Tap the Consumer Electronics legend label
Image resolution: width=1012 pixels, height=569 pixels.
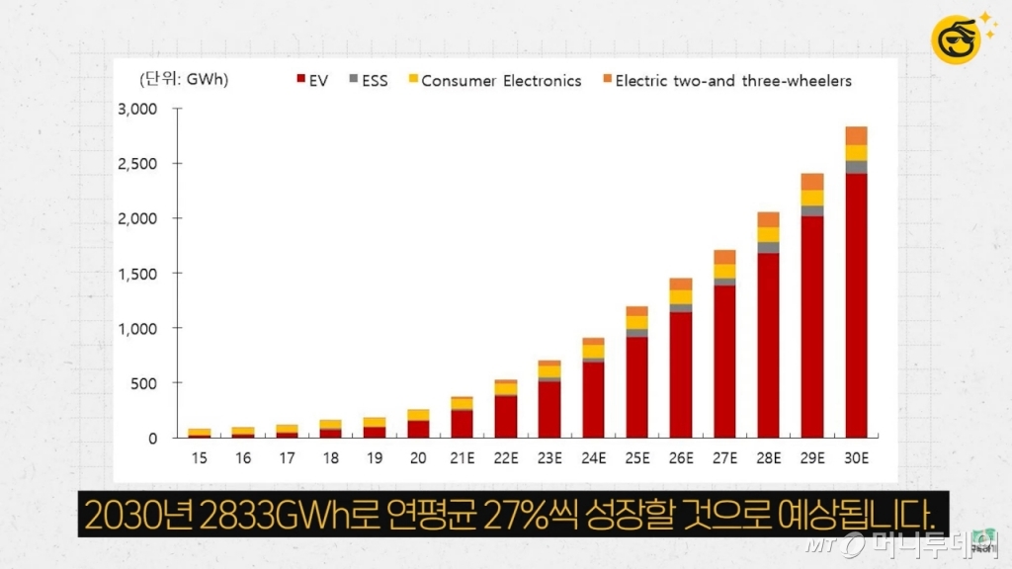(x=501, y=81)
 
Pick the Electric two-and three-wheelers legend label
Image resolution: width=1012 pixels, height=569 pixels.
(x=732, y=81)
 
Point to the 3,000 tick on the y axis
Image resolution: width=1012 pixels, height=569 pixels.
(x=137, y=109)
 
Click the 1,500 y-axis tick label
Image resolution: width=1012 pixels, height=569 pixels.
(x=137, y=274)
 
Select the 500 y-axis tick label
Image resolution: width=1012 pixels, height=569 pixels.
(x=144, y=383)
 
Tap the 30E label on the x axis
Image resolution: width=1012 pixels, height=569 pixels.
(x=856, y=458)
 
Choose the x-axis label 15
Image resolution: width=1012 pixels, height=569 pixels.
(x=200, y=458)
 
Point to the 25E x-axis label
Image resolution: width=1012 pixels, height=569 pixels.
(x=637, y=458)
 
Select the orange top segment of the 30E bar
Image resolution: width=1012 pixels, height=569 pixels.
(x=856, y=135)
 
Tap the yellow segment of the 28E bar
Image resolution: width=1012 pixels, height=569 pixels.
(x=769, y=234)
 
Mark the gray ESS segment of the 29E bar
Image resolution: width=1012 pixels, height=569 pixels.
(x=812, y=210)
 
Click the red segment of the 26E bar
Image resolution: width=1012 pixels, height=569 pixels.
(x=681, y=375)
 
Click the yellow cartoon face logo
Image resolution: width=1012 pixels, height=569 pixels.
(x=957, y=38)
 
